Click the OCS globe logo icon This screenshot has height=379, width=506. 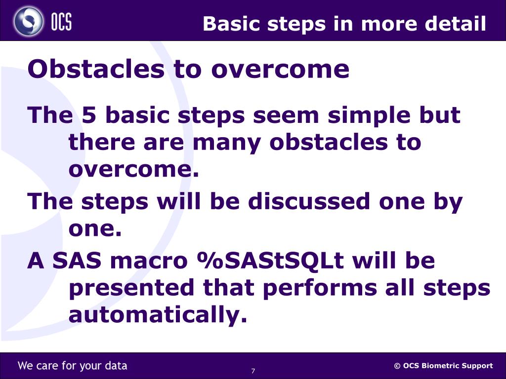[x=28, y=21]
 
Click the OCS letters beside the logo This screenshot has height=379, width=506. [x=61, y=22]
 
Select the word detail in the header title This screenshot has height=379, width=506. [x=455, y=24]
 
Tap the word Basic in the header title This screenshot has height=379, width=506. [x=231, y=24]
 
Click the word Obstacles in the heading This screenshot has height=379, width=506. [x=96, y=69]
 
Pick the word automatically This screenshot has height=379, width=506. [x=158, y=314]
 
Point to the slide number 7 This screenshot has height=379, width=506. [x=253, y=371]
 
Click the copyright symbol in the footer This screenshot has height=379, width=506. [x=397, y=366]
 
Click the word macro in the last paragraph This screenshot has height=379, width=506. [x=149, y=261]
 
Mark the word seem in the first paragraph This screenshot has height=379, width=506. [x=286, y=115]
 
